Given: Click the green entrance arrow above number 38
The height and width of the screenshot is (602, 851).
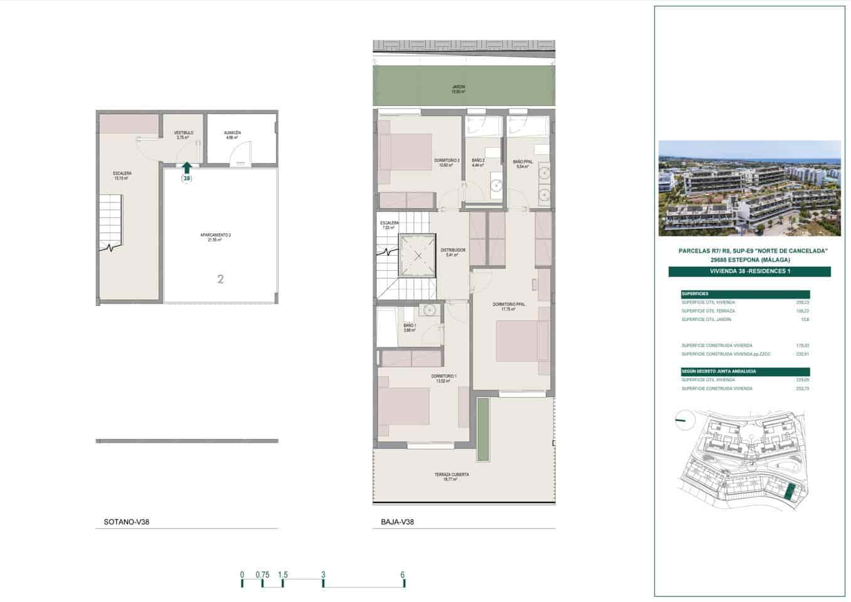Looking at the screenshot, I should (186, 167).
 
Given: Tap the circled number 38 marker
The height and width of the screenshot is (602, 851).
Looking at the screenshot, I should (186, 178).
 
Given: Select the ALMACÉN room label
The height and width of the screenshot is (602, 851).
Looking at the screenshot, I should (232, 135).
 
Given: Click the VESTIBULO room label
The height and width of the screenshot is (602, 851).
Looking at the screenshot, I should (183, 135).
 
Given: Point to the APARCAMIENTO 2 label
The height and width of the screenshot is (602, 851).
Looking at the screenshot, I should (216, 237).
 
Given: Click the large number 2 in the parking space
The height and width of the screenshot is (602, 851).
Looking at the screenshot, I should (220, 279).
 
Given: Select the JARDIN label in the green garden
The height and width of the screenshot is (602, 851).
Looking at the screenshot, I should (458, 89).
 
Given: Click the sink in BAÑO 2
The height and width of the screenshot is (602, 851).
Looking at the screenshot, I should (496, 185).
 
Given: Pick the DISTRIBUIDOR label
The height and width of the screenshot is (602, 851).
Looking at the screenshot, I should (452, 252).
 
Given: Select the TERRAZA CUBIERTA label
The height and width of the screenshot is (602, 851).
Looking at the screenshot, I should (452, 477).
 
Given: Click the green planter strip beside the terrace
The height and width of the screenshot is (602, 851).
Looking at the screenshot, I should (483, 430).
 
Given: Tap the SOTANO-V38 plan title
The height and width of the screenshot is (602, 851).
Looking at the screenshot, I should (126, 522).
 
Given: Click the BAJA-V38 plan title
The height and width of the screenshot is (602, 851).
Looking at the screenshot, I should (397, 522).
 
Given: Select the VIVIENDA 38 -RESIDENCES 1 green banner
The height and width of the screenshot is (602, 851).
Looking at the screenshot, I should (749, 272).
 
